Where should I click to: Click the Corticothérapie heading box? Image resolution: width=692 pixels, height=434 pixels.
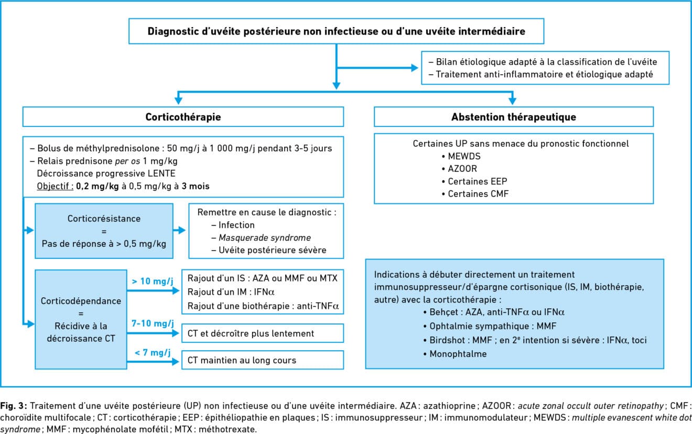point(183,117)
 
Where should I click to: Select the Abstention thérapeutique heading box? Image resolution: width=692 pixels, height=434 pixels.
point(514,117)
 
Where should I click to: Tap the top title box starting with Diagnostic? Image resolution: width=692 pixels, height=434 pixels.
point(337,31)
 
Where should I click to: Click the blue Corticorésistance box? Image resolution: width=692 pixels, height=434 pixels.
point(104,231)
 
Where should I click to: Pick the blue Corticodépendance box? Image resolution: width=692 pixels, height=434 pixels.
point(81,319)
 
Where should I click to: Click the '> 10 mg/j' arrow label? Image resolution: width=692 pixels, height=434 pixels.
point(153,281)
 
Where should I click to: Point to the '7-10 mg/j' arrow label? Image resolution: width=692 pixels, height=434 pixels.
point(153,323)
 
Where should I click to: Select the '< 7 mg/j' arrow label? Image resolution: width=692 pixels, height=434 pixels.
point(153,352)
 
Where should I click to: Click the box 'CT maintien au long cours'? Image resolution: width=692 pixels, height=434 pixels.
point(263,360)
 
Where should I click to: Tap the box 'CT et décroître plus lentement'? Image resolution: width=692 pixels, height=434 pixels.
point(263,333)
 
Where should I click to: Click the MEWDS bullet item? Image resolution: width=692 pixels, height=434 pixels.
point(461,156)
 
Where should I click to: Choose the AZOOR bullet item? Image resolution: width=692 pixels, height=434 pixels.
point(459,169)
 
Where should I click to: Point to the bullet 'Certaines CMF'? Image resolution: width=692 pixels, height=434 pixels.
point(475,194)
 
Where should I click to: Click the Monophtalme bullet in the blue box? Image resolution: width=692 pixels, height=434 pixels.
point(455,354)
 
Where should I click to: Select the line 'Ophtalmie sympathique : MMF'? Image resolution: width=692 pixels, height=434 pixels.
point(490,326)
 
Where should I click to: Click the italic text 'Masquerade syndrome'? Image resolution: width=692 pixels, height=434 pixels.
point(265,237)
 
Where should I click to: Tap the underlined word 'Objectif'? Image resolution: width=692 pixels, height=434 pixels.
point(55,186)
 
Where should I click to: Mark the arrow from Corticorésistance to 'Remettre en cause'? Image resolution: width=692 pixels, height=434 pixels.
point(179,230)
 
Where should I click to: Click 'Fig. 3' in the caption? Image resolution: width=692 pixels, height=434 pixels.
point(14,406)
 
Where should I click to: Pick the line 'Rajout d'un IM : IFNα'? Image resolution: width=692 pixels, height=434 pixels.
point(231,292)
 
